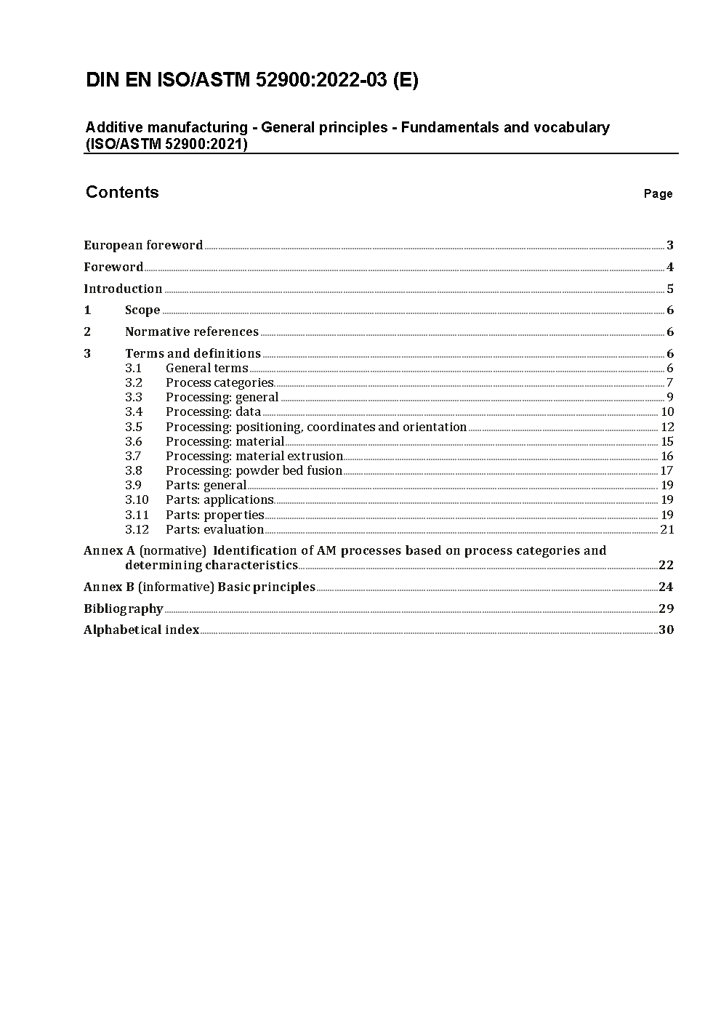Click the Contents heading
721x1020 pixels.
pos(122,192)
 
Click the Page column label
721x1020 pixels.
pos(658,193)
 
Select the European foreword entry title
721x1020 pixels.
pos(143,245)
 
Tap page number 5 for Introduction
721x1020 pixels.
pos(670,289)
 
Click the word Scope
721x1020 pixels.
pos(142,310)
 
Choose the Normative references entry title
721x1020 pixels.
pos(192,332)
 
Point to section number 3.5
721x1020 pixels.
pos(134,427)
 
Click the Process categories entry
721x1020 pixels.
pos(219,382)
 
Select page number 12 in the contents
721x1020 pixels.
pos(667,427)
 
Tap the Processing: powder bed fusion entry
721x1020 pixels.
pos(254,470)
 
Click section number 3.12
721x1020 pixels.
pos(137,529)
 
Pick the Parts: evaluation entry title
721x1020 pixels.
pos(214,529)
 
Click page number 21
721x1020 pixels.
pos(667,529)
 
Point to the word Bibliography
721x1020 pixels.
pos(124,609)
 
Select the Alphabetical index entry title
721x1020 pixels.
pos(142,630)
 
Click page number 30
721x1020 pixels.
pos(666,630)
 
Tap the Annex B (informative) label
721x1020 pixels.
pos(149,587)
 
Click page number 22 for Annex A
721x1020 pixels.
pos(666,565)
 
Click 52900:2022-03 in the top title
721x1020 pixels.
pos(322,80)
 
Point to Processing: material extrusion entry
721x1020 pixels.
pos(254,456)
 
